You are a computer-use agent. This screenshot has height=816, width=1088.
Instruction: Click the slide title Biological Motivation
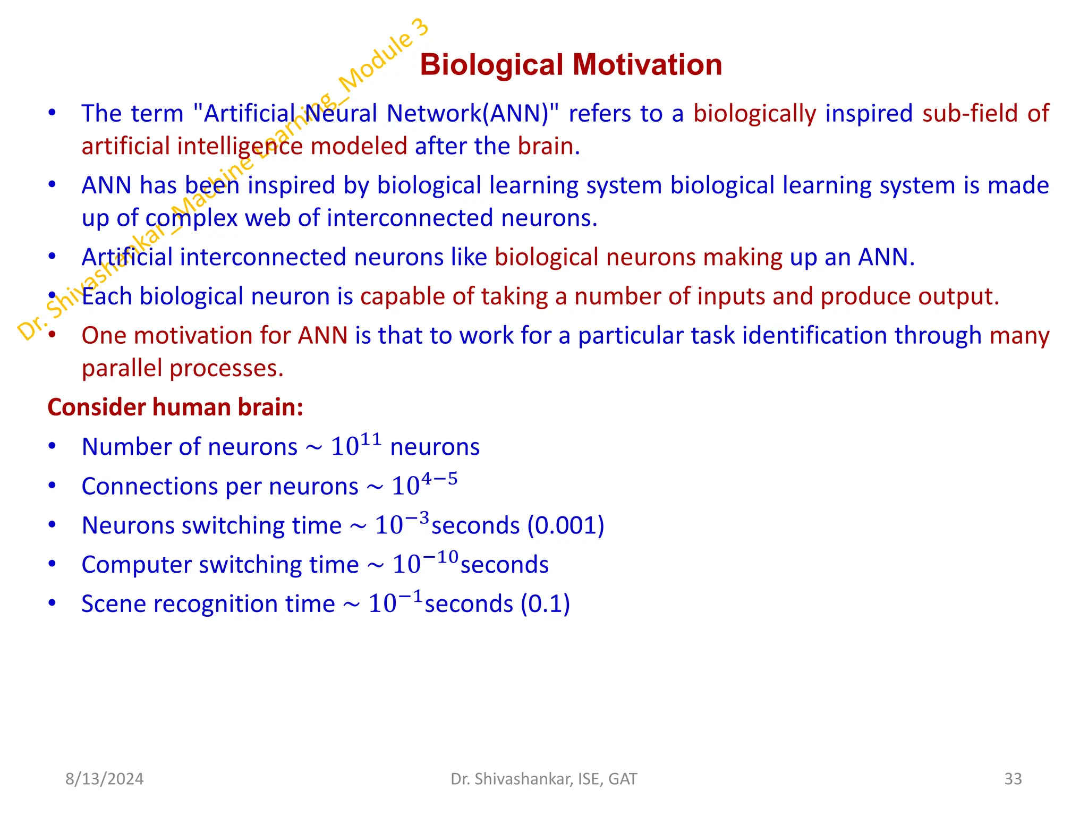(x=571, y=65)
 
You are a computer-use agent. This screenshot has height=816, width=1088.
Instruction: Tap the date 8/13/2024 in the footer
(x=104, y=779)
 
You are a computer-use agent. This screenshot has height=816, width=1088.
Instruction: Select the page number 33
(x=1013, y=779)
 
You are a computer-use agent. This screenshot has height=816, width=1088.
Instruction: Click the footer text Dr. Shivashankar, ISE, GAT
(x=543, y=779)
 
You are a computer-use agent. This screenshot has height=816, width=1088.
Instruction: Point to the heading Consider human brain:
(x=175, y=407)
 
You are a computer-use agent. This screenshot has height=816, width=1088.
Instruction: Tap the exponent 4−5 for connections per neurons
(x=439, y=479)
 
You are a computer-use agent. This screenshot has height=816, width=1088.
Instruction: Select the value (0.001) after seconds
(x=565, y=525)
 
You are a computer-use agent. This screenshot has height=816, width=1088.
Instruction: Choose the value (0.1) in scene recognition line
(x=545, y=604)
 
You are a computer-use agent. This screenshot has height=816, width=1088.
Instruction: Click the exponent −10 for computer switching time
(x=440, y=557)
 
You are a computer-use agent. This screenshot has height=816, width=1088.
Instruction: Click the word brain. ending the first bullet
(x=549, y=147)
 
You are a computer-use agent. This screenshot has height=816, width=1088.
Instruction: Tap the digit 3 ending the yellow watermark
(x=420, y=27)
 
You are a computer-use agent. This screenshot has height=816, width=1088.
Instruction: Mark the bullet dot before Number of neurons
(x=52, y=446)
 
